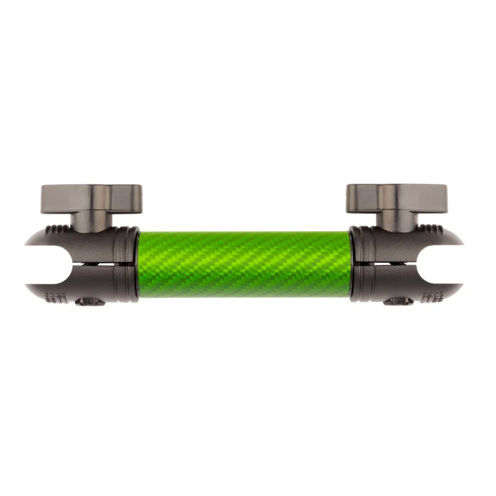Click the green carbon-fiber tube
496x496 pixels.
[244, 264]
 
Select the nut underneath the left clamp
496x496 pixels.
[89, 301]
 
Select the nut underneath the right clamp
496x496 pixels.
[398, 301]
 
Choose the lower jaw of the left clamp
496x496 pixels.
[79, 283]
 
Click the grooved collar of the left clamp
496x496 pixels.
[130, 264]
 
